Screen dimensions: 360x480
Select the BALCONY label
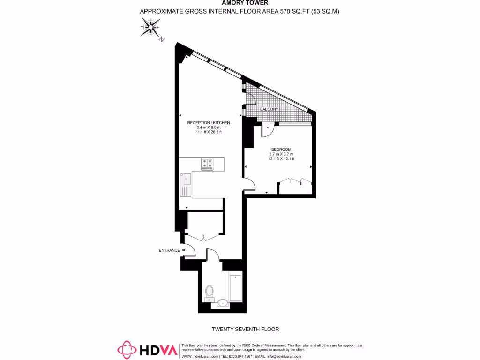[x=269, y=109]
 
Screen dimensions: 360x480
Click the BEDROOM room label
[x=281, y=150]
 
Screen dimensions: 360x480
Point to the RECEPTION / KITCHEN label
[x=209, y=123]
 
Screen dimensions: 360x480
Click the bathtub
[x=235, y=288]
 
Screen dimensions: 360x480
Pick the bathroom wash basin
[x=223, y=303]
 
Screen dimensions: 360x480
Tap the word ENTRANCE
[x=169, y=250]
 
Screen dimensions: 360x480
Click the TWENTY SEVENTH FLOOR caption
[x=240, y=330]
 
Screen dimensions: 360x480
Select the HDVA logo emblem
[x=127, y=350]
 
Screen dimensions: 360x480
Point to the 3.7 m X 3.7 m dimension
[x=281, y=154]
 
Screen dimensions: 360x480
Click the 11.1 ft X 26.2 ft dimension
[x=209, y=132]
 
